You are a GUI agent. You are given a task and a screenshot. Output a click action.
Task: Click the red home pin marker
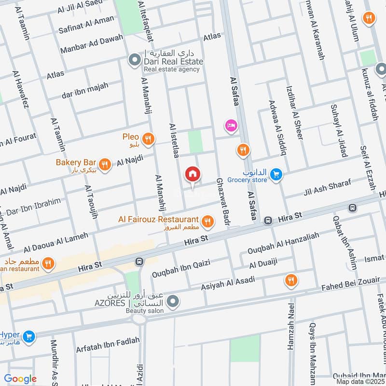pos(193,175)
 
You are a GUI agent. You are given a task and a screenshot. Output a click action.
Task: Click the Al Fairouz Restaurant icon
pos(208,221)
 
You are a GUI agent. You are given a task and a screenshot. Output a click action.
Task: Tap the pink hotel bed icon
pos(231,126)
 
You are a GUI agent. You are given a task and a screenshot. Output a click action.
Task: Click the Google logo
pos(20,379)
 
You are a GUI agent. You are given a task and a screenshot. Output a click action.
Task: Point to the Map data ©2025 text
pos(359,381)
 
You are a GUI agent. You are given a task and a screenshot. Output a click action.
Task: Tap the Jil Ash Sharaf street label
pos(326,188)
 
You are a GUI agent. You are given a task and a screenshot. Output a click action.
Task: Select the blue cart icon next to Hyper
pos(29,336)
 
